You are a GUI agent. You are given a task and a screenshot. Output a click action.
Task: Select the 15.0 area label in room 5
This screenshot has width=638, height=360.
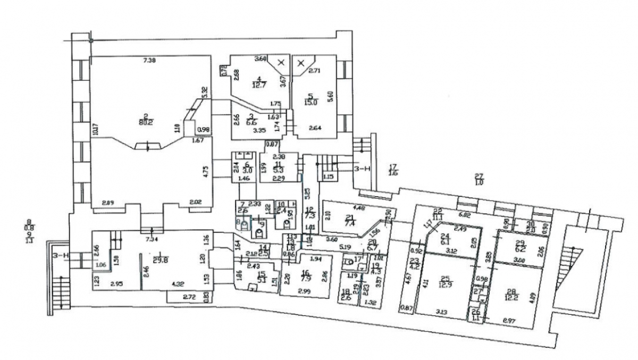pos(311,103)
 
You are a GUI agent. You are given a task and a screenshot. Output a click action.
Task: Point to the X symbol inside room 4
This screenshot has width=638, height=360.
pos(281,63)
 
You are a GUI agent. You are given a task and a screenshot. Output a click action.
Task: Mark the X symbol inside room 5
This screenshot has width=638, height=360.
pos(301,63)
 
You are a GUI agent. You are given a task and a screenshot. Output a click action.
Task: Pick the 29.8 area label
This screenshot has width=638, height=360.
pos(154,259)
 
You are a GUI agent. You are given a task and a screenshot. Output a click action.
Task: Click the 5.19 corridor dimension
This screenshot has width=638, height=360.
pos(344,247)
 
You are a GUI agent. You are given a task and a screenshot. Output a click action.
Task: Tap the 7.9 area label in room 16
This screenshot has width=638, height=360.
pos(305,277)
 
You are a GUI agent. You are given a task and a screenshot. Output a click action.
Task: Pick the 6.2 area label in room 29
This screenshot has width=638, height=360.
pos(521,248)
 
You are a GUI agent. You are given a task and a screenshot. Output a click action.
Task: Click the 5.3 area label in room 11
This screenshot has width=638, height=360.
pos(278,170)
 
